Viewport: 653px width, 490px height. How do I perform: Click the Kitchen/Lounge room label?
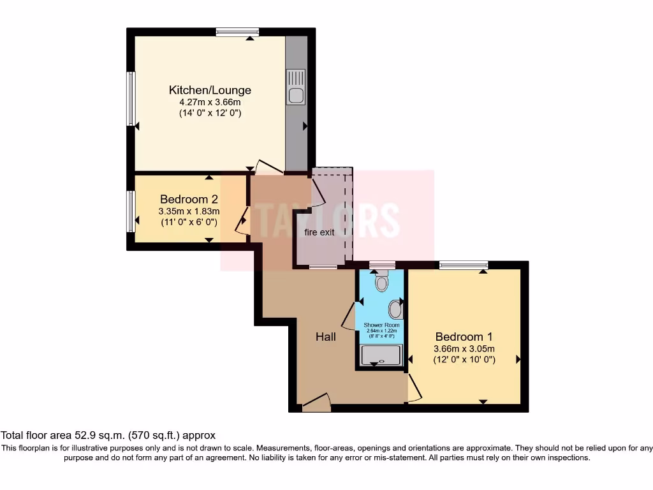coord(210,90)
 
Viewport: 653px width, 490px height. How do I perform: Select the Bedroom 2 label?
coord(189,198)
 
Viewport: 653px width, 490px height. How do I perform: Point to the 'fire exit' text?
coord(319,232)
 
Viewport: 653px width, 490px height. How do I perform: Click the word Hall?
coord(326,337)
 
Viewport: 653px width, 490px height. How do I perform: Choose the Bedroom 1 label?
coord(464,337)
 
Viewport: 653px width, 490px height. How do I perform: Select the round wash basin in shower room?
coord(396,311)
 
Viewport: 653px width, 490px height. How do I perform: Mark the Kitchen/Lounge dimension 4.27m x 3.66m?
coord(210,102)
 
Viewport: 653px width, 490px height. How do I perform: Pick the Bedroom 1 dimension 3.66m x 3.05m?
coord(464,349)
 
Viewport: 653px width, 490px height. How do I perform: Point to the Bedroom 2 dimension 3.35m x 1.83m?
coord(189,211)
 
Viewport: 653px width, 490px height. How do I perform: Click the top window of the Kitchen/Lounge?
coord(237,32)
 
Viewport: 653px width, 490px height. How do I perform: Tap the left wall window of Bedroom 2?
coord(131,211)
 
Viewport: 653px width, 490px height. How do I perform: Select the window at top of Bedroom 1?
coord(463,265)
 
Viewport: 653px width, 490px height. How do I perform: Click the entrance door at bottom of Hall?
coord(316,403)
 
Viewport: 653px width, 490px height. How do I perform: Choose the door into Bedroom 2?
coord(243,220)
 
